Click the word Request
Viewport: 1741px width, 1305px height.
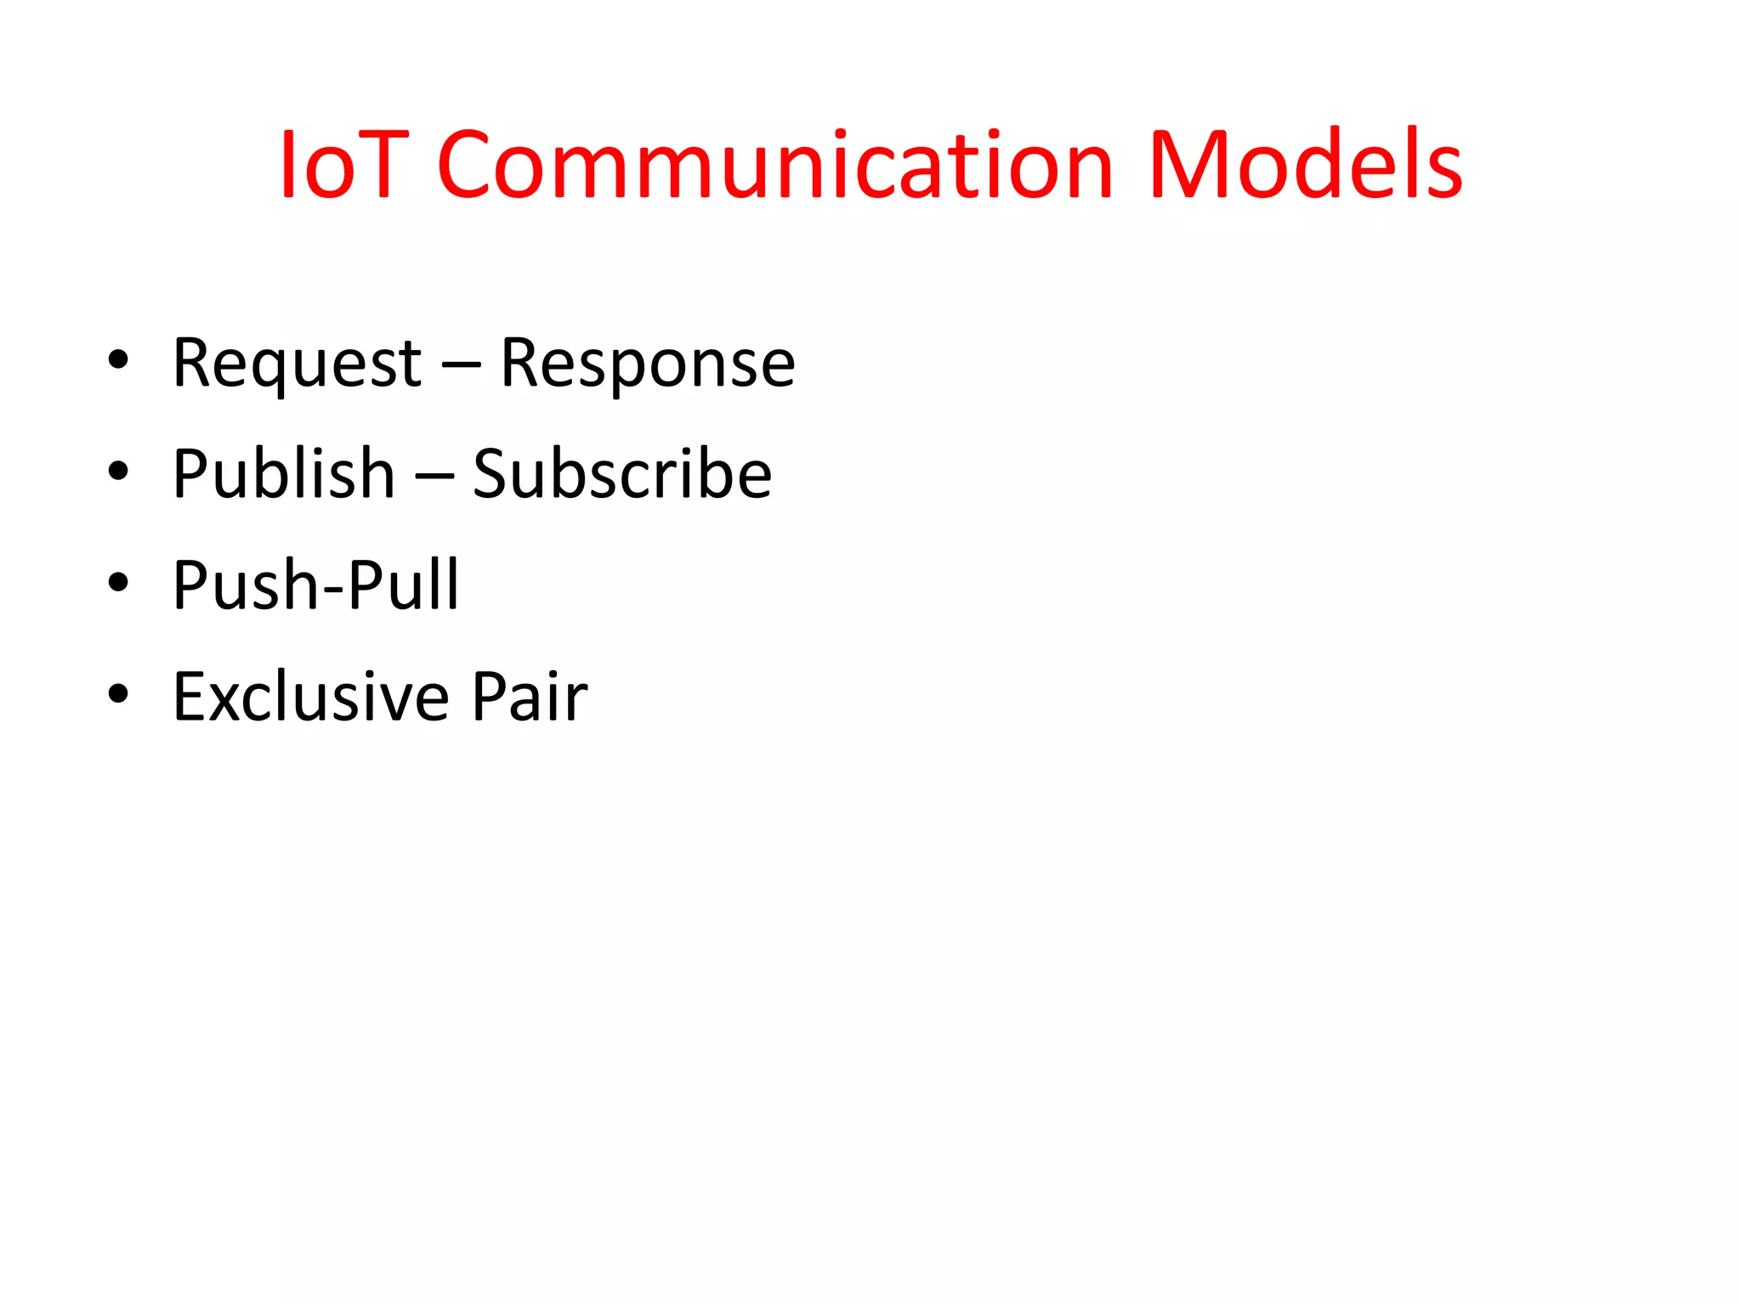(x=297, y=364)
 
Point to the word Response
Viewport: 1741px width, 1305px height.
(x=647, y=364)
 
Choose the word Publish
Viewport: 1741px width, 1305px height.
(x=283, y=474)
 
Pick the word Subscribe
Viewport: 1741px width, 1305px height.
(x=621, y=474)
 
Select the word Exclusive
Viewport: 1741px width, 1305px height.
(x=310, y=697)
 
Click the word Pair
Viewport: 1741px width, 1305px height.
(x=529, y=697)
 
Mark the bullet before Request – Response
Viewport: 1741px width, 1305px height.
(x=118, y=360)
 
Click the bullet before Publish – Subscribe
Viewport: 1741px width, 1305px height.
(x=118, y=471)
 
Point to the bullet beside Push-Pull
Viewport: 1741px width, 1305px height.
(x=118, y=583)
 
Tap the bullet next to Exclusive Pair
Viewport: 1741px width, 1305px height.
(x=118, y=694)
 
